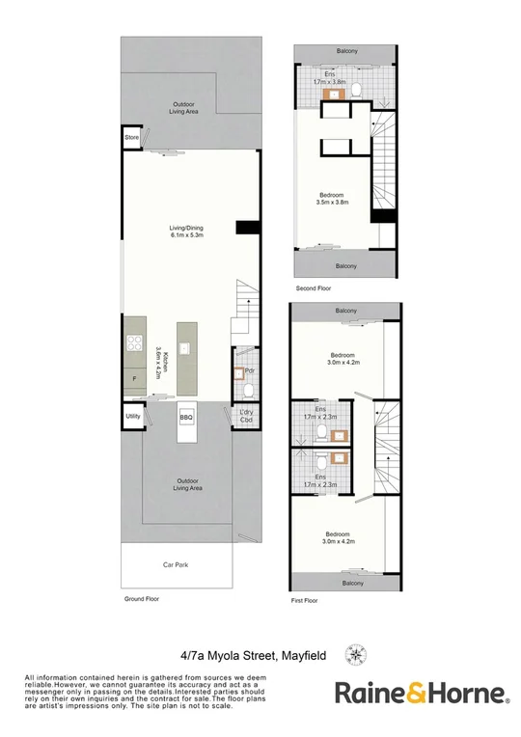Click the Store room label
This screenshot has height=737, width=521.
pos(131,139)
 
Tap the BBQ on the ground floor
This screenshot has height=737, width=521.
pos(186,417)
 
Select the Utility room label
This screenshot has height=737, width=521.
pos(132,417)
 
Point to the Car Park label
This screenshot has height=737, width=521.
pos(174,563)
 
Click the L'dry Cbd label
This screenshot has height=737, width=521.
pos(246,417)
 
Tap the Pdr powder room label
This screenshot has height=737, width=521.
pos(249,370)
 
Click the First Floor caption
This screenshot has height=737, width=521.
pos(304,600)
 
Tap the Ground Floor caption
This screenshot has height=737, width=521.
pos(141,599)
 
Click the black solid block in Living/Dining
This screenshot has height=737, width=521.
pos(247,227)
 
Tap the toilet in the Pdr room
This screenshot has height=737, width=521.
pos(247,391)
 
